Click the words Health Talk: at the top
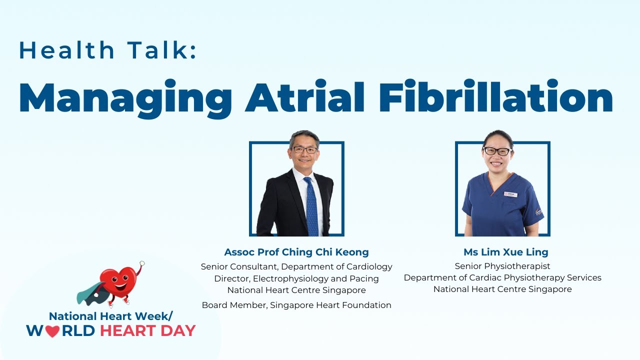tap(107, 51)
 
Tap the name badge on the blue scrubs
tap(510, 194)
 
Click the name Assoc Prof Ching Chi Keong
tap(296, 252)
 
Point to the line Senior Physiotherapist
tap(502, 266)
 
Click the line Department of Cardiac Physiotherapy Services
tap(502, 277)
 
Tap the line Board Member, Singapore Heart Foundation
tap(296, 305)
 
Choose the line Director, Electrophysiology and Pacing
tap(296, 278)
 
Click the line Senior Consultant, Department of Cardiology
tap(296, 266)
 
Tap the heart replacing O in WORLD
tap(52, 331)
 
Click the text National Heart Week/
tap(110, 316)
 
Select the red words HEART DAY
tap(147, 330)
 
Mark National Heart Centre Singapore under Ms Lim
tap(502, 289)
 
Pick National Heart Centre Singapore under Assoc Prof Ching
tap(296, 290)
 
